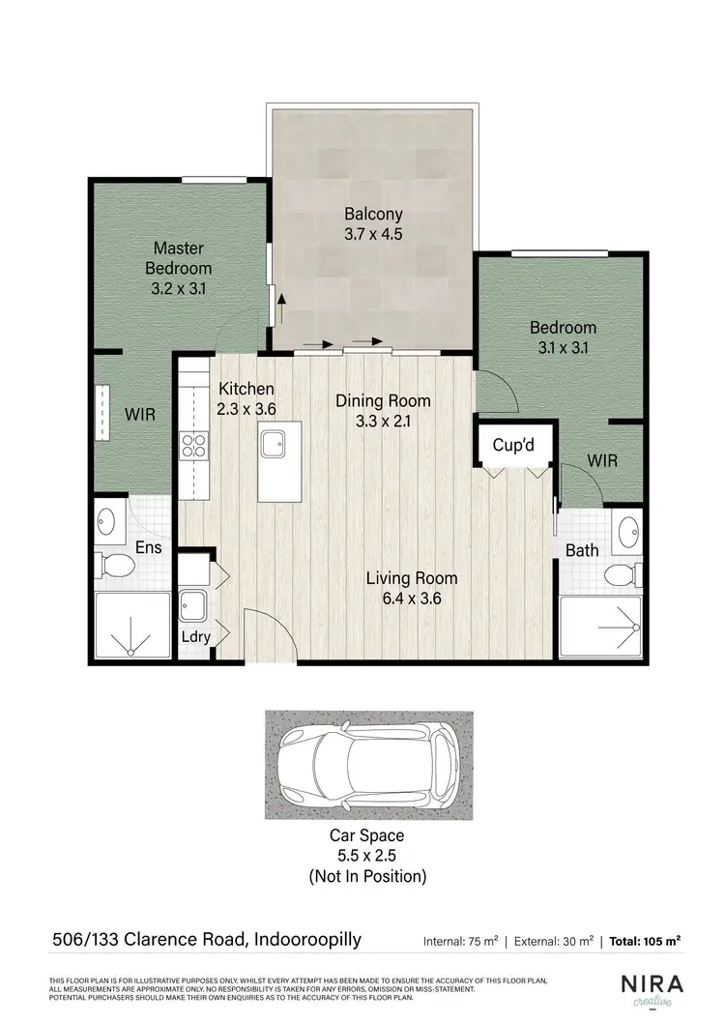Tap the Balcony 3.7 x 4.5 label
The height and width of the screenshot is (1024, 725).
(373, 223)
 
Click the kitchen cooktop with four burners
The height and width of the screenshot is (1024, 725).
(193, 446)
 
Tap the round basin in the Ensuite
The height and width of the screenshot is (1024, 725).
(106, 524)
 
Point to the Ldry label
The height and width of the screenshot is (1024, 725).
(196, 636)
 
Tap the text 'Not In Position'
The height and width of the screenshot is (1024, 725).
(366, 877)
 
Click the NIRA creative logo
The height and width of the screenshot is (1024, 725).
(652, 989)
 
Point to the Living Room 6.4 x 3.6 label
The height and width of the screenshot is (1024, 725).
(411, 588)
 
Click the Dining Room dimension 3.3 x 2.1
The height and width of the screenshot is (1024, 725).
(383, 420)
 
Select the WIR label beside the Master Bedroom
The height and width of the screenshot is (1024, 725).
(139, 414)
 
